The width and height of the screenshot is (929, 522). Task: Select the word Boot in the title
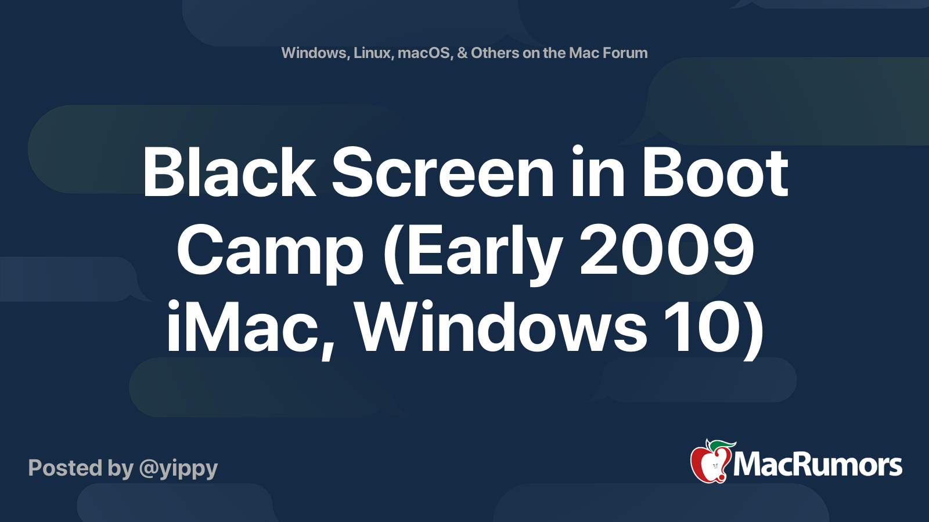715,173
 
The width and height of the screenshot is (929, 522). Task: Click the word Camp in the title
271,252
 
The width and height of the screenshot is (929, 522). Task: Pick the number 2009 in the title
667,252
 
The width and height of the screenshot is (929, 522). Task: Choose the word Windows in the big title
500,328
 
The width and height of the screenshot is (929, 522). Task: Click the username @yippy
178,469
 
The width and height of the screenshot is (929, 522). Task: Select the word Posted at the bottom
65,468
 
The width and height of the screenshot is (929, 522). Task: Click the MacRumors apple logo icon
710,463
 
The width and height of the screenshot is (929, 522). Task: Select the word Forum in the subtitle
625,53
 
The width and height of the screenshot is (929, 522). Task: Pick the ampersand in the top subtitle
462,53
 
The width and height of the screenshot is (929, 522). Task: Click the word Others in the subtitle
495,53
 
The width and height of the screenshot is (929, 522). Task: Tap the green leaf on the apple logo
723,445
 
